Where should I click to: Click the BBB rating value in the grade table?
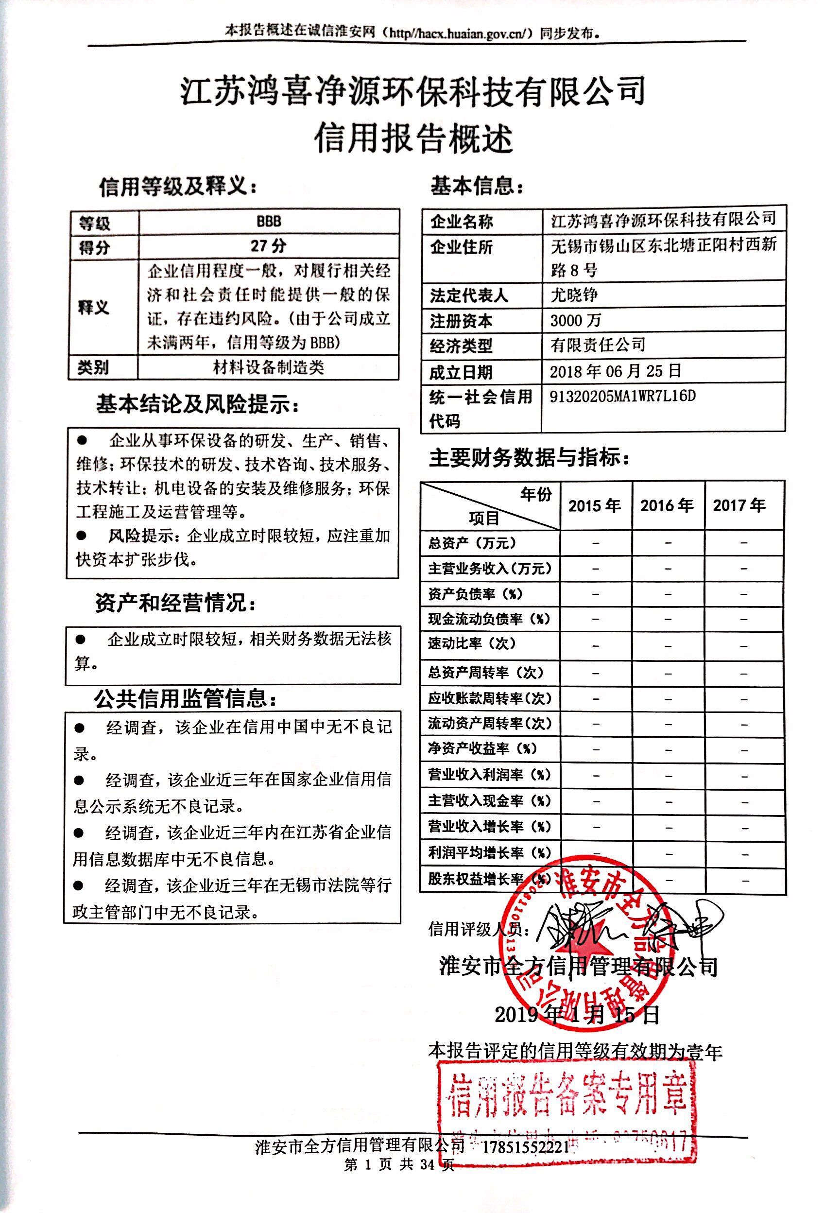tap(269, 221)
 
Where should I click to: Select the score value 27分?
tap(268, 245)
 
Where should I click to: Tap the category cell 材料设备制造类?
tap(268, 367)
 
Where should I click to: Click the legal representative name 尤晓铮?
tap(574, 295)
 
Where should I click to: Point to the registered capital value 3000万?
tap(576, 320)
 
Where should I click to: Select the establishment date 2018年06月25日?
tap(616, 371)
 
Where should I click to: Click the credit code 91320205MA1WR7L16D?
tap(622, 396)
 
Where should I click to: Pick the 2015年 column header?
tap(594, 505)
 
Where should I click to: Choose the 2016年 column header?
tap(667, 505)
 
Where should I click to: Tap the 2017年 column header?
tap(739, 505)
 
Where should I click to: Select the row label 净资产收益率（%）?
tap(483, 748)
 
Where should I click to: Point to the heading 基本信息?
tap(476, 186)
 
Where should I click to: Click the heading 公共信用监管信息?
tap(186, 698)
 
